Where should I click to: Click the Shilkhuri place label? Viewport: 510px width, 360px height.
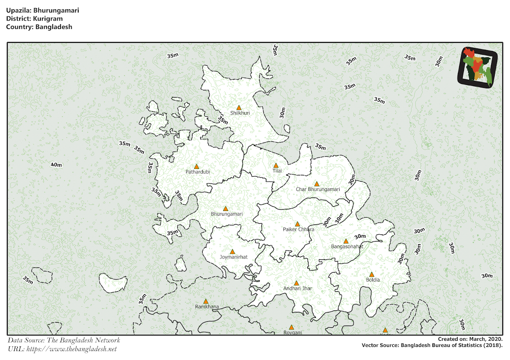tap(240, 113)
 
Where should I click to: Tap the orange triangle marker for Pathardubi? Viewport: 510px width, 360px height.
tap(196, 166)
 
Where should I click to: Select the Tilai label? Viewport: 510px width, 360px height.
tap(277, 171)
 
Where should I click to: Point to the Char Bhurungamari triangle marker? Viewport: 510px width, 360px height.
tap(316, 184)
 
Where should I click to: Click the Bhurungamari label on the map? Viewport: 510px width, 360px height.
tap(227, 214)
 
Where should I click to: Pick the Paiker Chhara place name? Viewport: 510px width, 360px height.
tap(298, 230)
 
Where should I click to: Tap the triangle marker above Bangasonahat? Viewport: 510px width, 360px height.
tap(346, 241)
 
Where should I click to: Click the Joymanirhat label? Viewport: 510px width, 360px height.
tap(233, 257)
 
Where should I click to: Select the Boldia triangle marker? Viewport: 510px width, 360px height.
tap(371, 274)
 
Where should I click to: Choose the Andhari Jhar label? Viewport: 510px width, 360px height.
tap(297, 289)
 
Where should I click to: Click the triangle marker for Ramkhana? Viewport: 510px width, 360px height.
tap(206, 301)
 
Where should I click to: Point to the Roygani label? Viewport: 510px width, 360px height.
tap(292, 333)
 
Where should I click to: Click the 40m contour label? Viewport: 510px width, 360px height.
tap(56, 165)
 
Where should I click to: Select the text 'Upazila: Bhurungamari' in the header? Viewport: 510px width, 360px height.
tap(42, 10)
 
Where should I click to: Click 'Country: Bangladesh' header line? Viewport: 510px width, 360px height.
tap(40, 27)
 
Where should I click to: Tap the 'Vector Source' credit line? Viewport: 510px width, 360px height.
tap(432, 346)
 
